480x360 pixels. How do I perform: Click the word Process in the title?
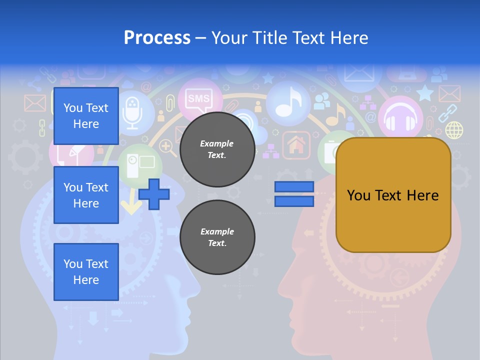(x=157, y=37)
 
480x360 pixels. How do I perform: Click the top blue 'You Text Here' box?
(x=86, y=116)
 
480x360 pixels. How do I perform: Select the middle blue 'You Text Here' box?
(x=86, y=195)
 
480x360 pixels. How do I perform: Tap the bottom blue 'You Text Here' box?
(x=86, y=271)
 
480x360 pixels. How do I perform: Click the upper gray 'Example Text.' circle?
(x=217, y=149)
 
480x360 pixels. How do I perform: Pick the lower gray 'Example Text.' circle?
(x=217, y=237)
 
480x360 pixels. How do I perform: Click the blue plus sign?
(x=154, y=194)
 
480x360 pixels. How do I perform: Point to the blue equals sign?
(x=294, y=194)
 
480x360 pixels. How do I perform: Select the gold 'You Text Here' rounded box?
(x=393, y=195)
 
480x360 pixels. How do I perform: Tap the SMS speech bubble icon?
(x=198, y=98)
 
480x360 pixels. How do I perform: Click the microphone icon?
(x=132, y=113)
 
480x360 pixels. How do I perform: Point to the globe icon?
(x=454, y=130)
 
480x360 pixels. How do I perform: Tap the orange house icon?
(x=296, y=145)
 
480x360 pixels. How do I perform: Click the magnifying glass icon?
(x=166, y=147)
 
